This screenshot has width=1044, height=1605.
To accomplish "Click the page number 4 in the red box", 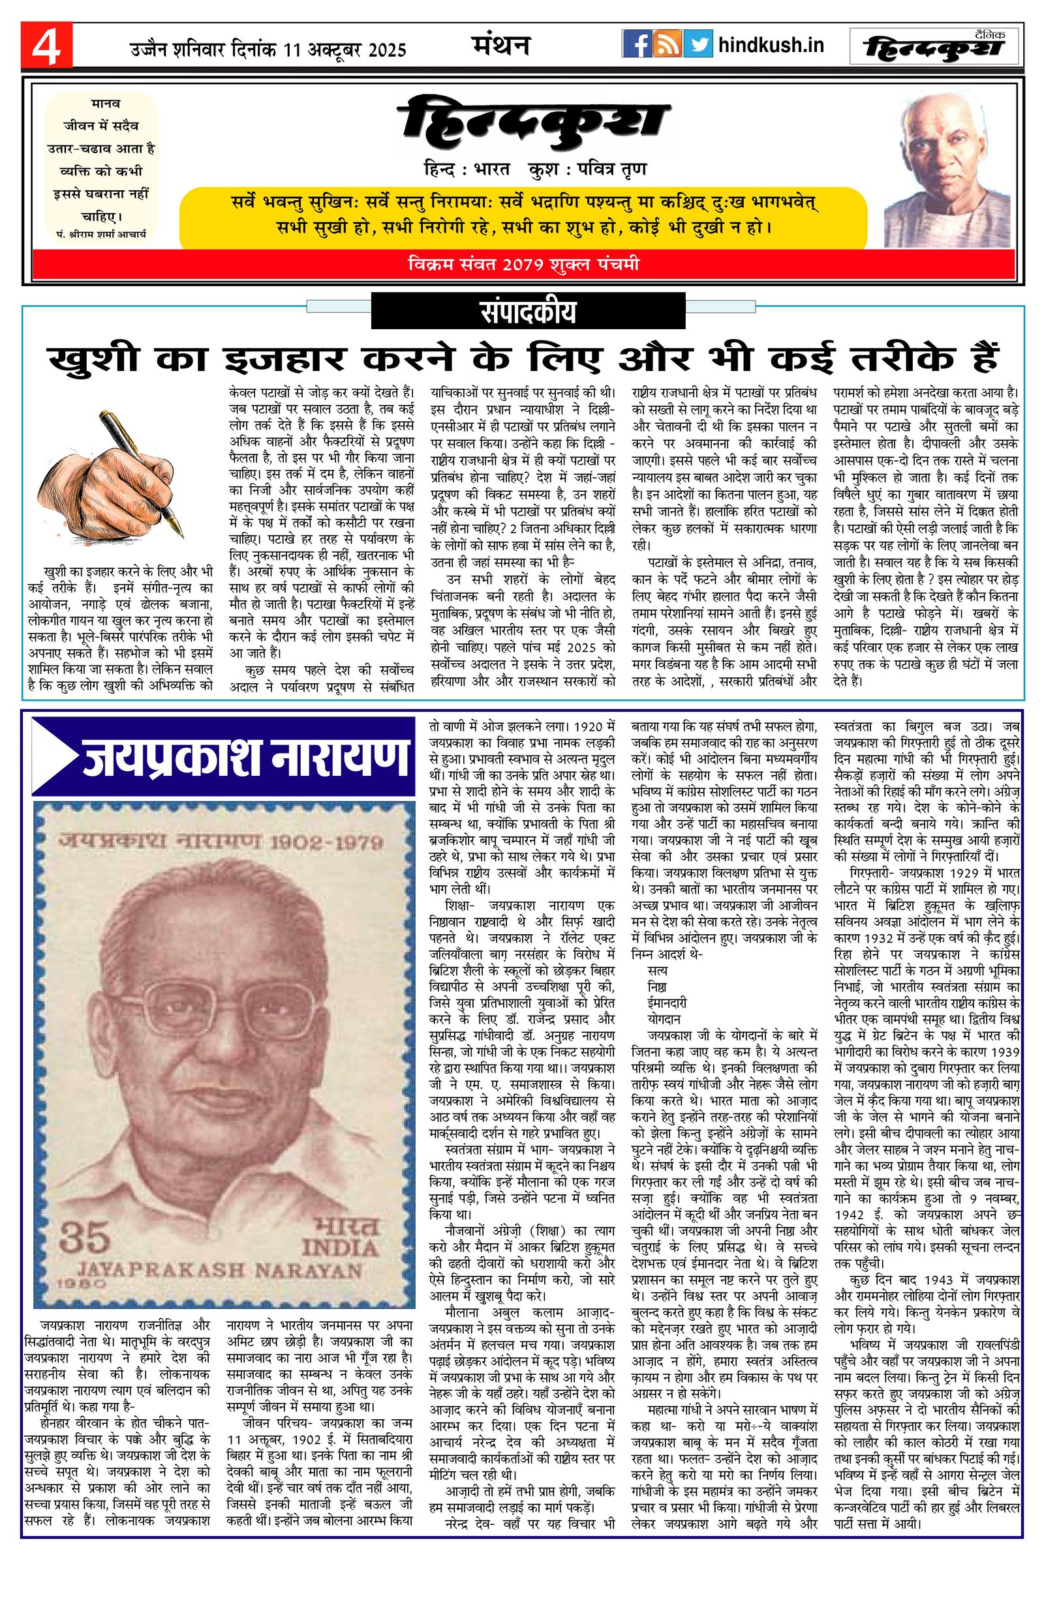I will click(46, 45).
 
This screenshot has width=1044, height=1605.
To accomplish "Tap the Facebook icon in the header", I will click(636, 44).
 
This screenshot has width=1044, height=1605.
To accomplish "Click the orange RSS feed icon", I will click(668, 44).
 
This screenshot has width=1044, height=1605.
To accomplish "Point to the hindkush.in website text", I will click(771, 45).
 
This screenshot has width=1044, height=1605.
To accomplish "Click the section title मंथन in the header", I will click(500, 46).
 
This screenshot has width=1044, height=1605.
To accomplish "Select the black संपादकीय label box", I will click(529, 312).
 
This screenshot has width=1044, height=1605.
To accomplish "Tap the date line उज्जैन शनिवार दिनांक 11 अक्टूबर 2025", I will click(268, 50).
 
